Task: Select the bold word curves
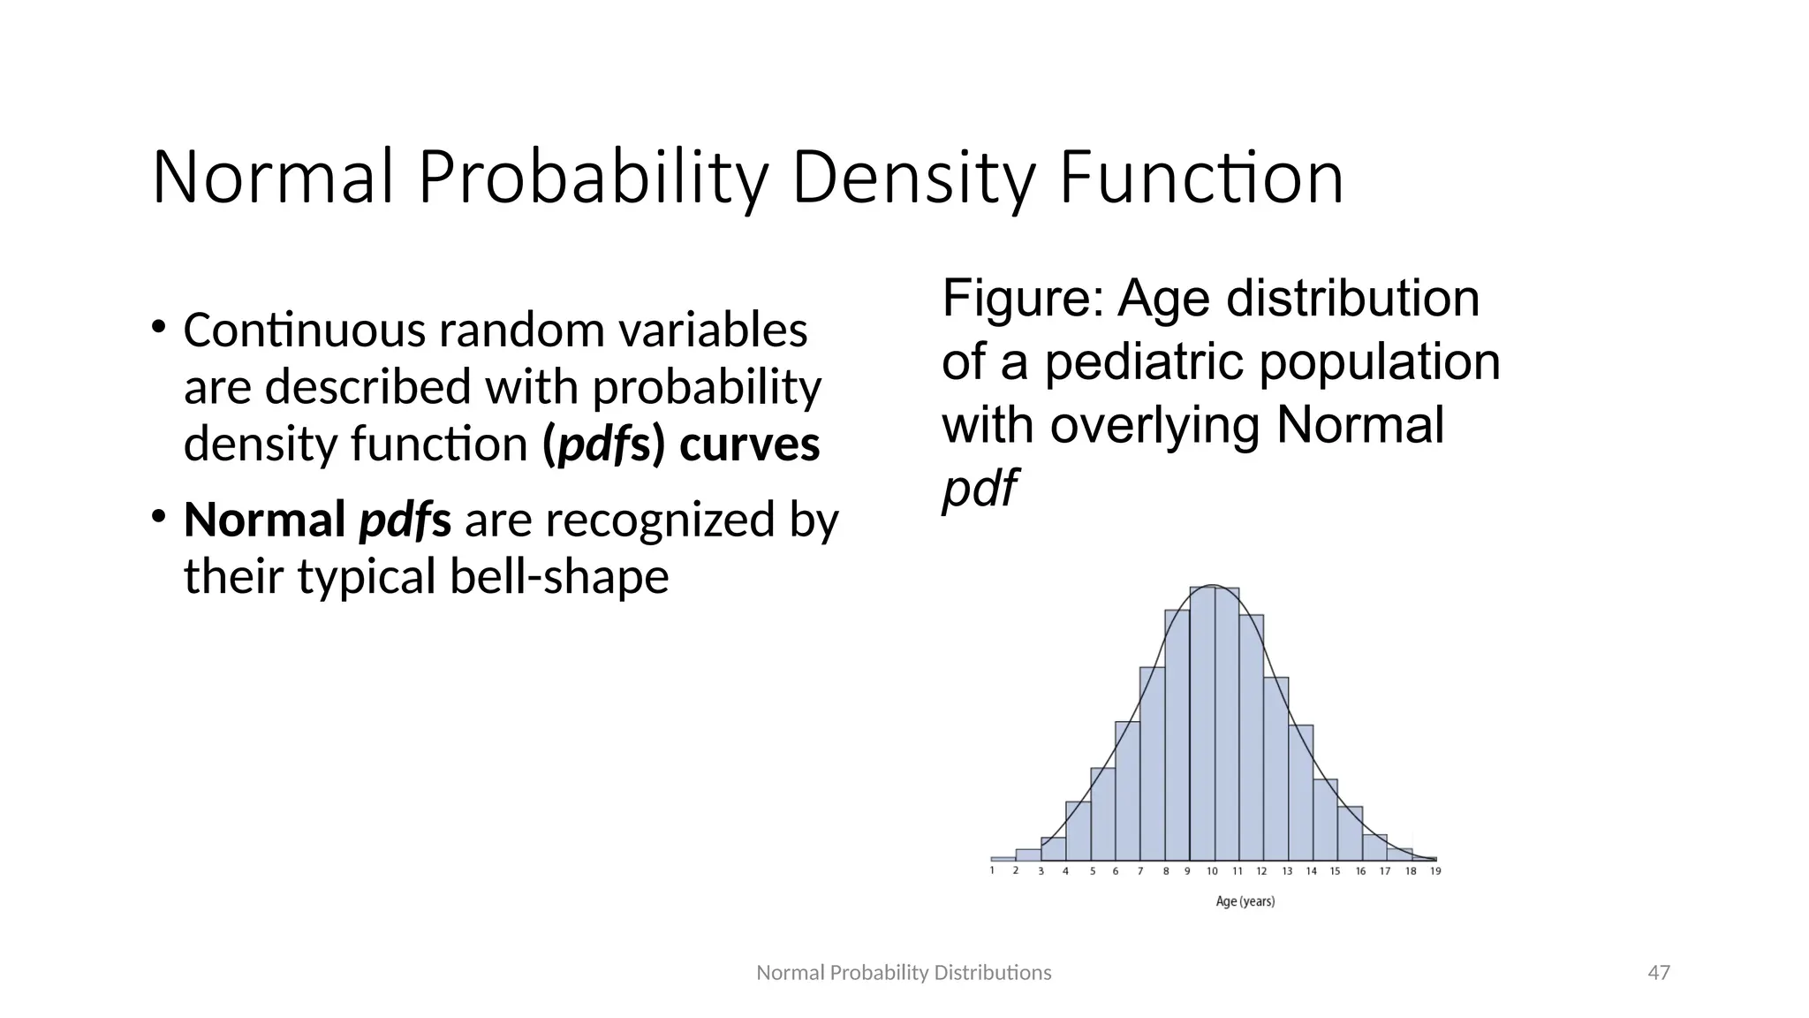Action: [749, 444]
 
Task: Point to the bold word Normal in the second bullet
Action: [264, 520]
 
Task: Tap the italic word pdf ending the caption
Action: [979, 489]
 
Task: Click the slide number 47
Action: [1659, 973]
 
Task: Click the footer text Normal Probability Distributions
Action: [904, 973]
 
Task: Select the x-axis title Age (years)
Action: [1245, 901]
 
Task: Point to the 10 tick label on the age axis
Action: [1212, 871]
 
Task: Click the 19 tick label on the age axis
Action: [1435, 871]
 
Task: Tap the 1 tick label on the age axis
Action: [992, 871]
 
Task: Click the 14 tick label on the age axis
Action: [1311, 871]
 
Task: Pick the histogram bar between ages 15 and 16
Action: [1349, 835]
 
